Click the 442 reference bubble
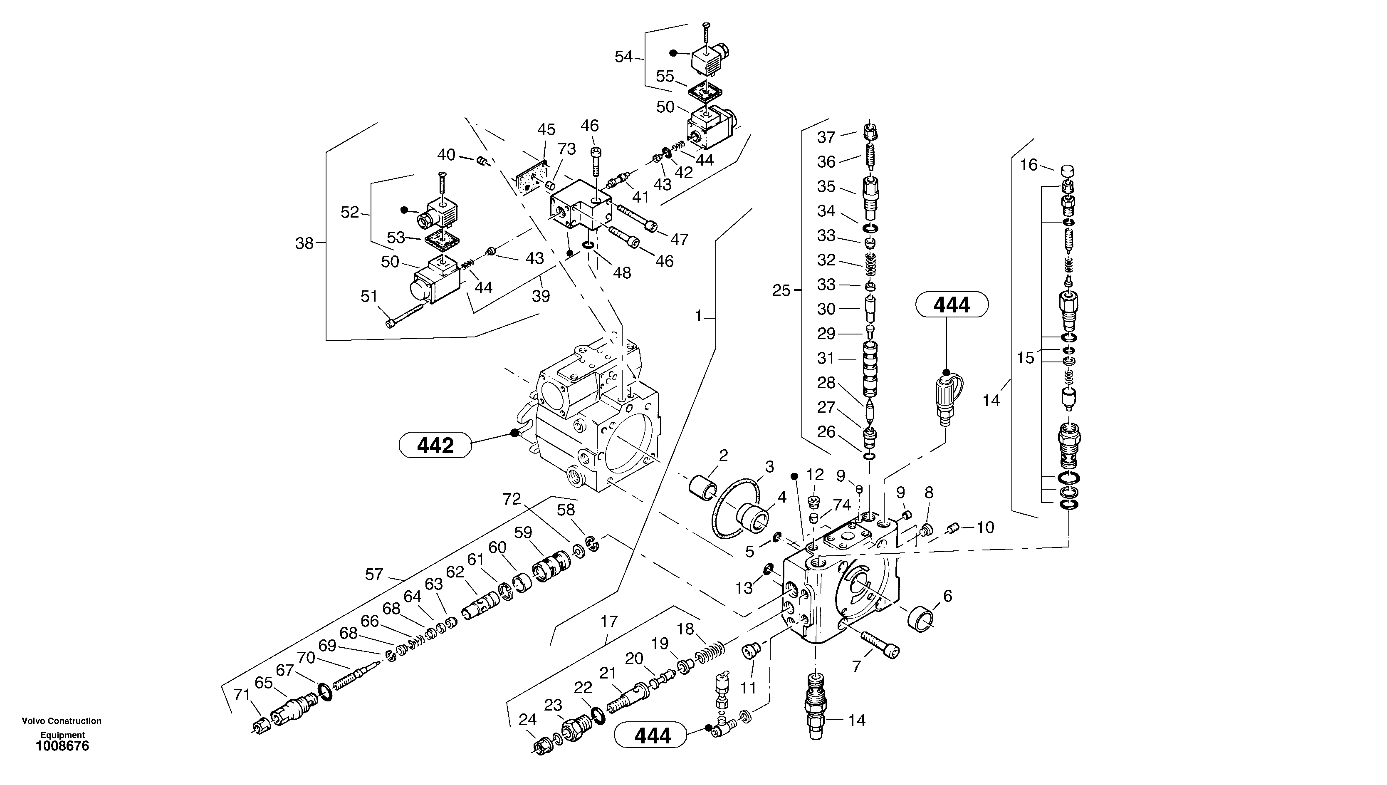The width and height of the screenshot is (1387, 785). tap(435, 446)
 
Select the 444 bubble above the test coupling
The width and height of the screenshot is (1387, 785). tap(952, 305)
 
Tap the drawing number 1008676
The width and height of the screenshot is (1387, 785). tap(62, 746)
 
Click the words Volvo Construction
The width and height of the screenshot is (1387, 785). tap(62, 721)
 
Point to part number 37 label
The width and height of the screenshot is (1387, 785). tap(826, 137)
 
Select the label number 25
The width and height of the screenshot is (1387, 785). tap(781, 291)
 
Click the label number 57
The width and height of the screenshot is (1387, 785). tap(374, 575)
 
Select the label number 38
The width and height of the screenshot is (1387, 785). tap(304, 244)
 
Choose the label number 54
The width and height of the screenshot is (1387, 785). tap(623, 57)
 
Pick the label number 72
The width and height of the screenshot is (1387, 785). tap(512, 499)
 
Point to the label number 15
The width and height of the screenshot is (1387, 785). tap(1025, 358)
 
